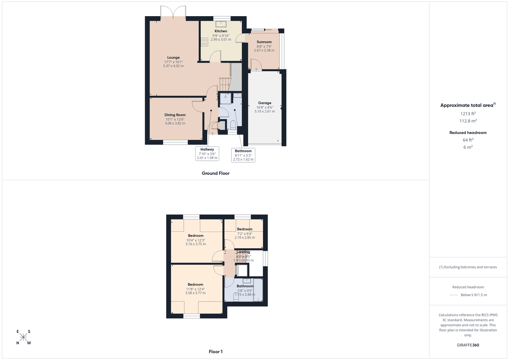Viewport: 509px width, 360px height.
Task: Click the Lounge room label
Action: click(173, 58)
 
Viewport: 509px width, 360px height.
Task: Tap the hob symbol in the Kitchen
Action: click(204, 42)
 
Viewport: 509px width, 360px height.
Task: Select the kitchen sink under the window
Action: click(221, 23)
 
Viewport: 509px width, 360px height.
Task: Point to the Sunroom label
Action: click(264, 42)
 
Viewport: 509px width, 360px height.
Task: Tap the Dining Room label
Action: click(175, 115)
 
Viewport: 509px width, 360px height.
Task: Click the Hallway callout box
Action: click(207, 153)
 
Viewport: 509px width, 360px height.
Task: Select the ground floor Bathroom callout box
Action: click(243, 155)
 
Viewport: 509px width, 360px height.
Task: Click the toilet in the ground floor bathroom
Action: click(233, 125)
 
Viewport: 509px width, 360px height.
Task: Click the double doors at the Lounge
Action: click(173, 12)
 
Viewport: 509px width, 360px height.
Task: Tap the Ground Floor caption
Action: click(215, 173)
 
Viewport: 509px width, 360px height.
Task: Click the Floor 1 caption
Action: click(215, 352)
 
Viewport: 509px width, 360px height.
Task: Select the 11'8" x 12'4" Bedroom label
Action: click(196, 285)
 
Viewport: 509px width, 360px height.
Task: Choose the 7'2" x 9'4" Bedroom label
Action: click(245, 229)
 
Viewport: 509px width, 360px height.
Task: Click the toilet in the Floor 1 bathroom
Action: click(236, 298)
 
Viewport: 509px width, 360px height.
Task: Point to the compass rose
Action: click(24, 338)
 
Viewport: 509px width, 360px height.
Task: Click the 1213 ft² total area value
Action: click(468, 114)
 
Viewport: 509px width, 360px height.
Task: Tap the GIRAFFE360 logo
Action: click(468, 345)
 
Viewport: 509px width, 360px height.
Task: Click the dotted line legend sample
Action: click(455, 295)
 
